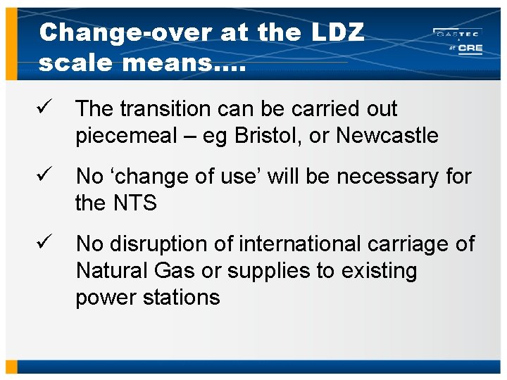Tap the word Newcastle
[x=387, y=135]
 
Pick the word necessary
[x=379, y=177]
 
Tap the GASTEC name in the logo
[x=458, y=33]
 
